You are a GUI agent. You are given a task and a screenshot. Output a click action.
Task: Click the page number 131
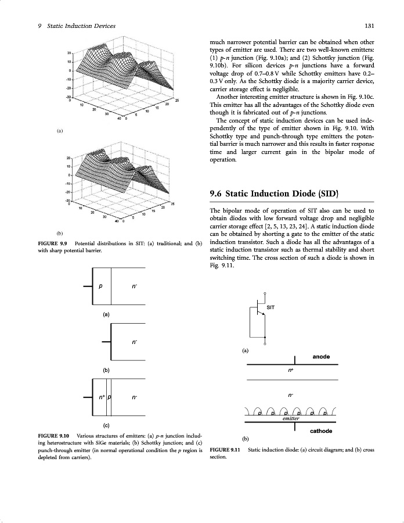pos(369,26)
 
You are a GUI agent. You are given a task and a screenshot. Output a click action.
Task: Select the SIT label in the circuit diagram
pos(270,306)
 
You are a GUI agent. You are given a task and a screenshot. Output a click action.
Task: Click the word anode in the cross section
pos(321,356)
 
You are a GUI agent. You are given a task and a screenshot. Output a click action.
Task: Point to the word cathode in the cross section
pos(321,431)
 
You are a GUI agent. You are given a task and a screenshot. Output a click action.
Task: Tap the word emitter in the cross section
pos(290,418)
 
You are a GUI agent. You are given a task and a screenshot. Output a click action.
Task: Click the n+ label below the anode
pos(291,369)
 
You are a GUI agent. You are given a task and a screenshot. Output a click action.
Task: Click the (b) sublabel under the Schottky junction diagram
pos(106,370)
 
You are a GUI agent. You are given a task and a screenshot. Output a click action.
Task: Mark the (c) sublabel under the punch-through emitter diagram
pos(106,425)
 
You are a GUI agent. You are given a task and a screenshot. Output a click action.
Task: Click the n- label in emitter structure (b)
pos(135,342)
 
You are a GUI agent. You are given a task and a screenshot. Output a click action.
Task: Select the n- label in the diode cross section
pos(291,395)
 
